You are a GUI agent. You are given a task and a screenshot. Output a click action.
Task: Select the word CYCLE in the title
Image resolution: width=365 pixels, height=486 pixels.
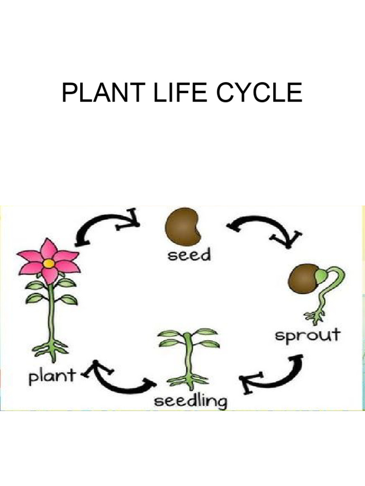[x=259, y=93]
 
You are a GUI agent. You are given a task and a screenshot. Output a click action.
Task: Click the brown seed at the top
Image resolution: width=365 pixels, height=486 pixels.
[x=183, y=226]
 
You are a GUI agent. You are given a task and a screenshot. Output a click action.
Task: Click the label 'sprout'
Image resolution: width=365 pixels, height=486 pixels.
[x=308, y=335]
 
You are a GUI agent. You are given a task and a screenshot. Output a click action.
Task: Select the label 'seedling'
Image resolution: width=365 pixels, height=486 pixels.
[x=191, y=402]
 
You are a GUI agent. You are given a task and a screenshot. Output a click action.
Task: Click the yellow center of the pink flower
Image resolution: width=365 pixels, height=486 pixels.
[x=48, y=263]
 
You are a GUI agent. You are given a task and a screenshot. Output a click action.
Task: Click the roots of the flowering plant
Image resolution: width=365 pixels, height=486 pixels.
[x=50, y=348]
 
